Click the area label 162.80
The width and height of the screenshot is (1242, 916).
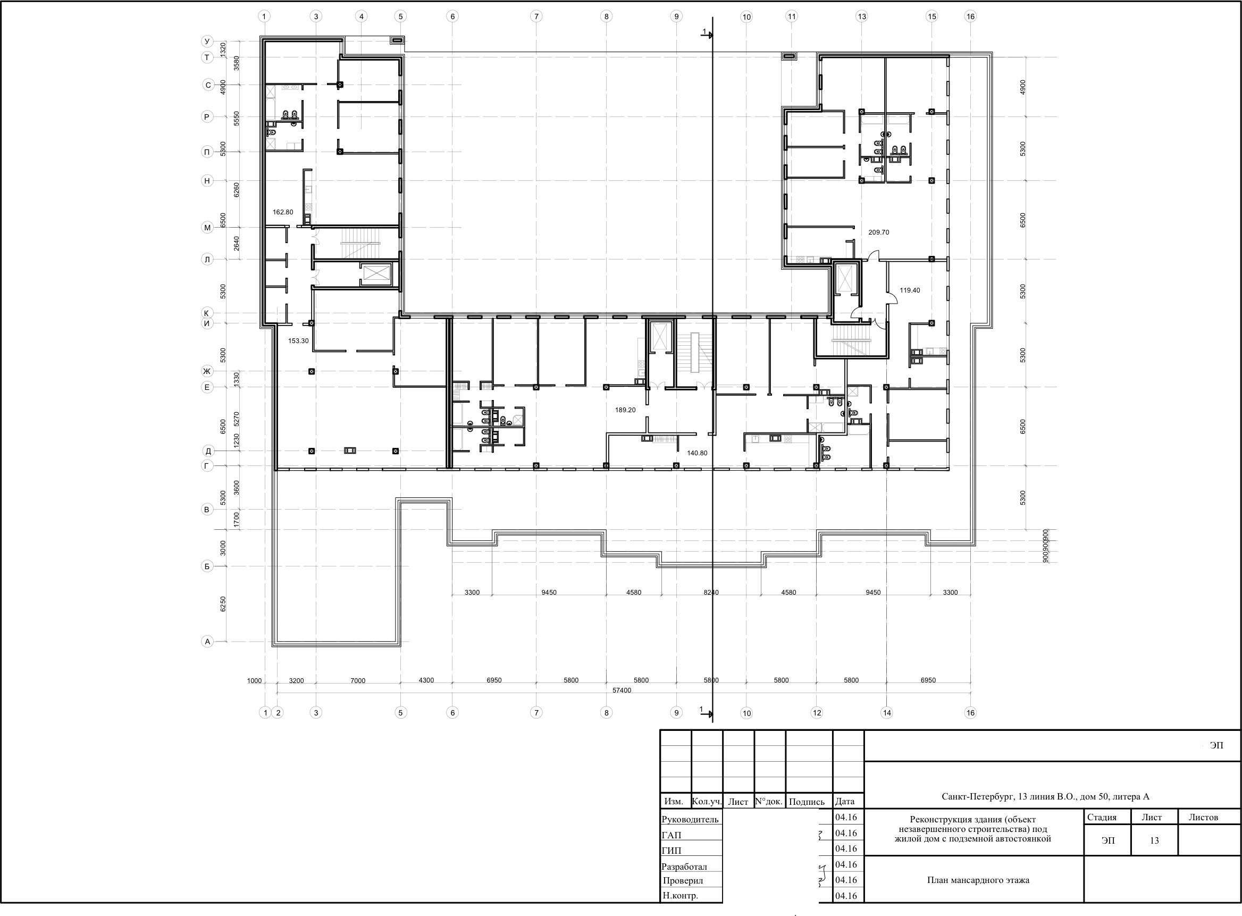[x=283, y=212]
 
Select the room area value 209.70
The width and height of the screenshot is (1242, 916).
[x=878, y=232]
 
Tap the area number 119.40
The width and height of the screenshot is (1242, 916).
[x=910, y=290]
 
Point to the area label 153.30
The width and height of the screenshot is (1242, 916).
[x=298, y=341]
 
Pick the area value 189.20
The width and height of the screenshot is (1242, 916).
[x=625, y=410]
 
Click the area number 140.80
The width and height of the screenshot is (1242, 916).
[x=697, y=453]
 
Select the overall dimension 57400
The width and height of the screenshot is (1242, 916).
[x=622, y=690]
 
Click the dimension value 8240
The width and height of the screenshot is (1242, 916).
[x=711, y=593]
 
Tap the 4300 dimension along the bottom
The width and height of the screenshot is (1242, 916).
[x=426, y=680]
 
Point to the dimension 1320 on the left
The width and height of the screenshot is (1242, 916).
[x=223, y=49]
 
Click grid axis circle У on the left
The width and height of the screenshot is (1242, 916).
[x=207, y=41]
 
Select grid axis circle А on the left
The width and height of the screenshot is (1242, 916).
[x=207, y=642]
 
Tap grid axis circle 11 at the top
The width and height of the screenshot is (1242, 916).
[x=792, y=16]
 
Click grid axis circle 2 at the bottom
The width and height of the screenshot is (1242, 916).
[x=278, y=713]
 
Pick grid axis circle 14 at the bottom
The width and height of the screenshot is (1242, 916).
[x=887, y=713]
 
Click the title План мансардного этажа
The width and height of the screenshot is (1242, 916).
[x=978, y=880]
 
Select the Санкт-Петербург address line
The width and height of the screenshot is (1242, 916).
[x=1045, y=797]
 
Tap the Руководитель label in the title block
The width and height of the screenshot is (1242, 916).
[x=690, y=820]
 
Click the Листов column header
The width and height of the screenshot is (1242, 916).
[x=1203, y=817]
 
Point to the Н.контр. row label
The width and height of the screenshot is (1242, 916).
[x=680, y=895]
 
